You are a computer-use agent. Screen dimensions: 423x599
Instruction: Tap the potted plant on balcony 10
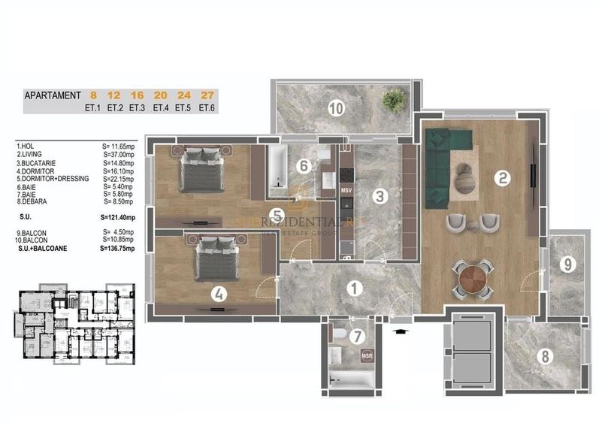[x=392, y=98]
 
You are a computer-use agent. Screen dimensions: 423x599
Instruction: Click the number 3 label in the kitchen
[x=380, y=197]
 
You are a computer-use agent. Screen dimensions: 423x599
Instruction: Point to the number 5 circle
[x=277, y=214]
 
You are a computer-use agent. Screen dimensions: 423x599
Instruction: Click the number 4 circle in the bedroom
[x=218, y=295]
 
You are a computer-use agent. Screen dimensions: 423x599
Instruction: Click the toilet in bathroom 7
[x=340, y=335]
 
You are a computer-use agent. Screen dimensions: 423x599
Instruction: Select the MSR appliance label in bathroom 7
[x=367, y=355]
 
